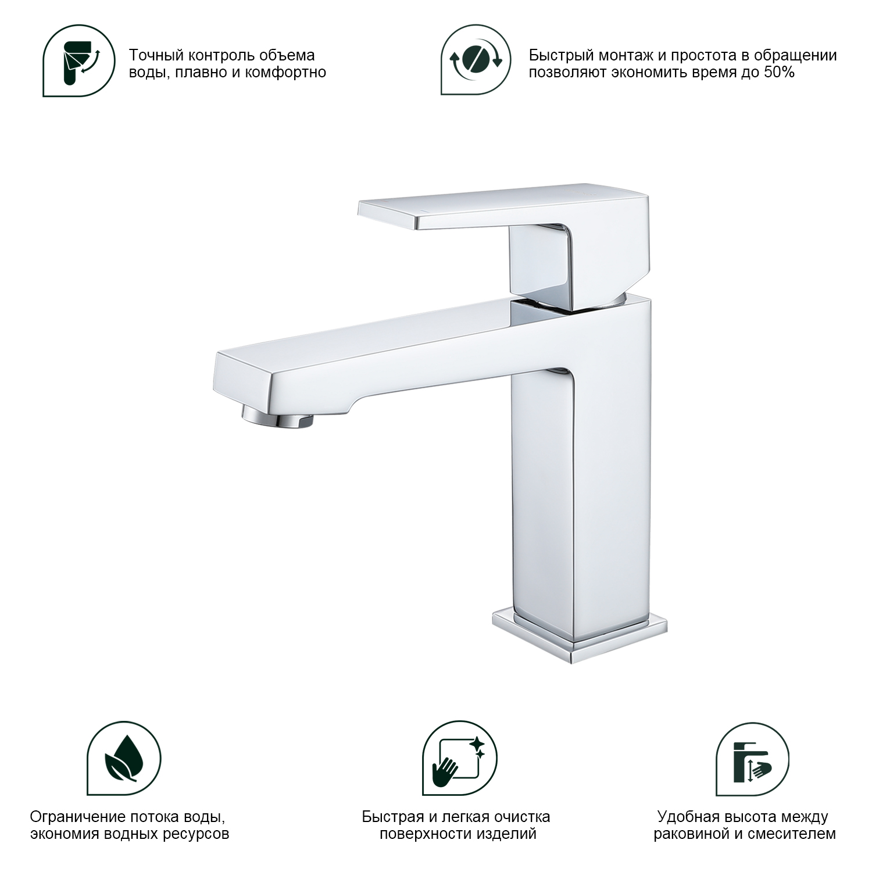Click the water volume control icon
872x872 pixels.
78,61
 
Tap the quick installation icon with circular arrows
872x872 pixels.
476,60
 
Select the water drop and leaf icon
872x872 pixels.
124,759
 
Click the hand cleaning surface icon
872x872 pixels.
459,759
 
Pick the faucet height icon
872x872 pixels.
752,759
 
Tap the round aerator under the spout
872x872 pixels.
277,417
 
